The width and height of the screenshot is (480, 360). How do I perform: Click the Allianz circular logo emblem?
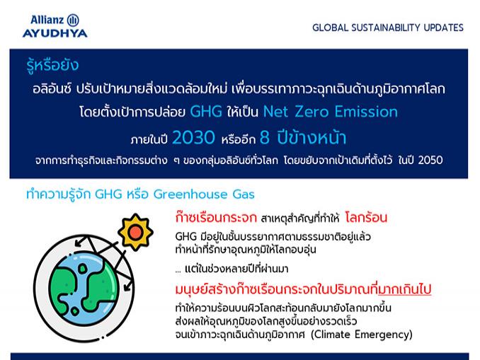[73, 21]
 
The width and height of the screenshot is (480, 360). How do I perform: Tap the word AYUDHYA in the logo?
[55, 33]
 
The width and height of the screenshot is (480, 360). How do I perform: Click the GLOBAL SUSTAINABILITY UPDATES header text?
[388, 28]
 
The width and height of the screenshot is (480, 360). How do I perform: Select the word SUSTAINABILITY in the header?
[386, 28]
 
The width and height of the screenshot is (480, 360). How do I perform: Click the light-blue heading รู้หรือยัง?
[52, 65]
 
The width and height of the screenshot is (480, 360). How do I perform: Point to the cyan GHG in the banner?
[206, 111]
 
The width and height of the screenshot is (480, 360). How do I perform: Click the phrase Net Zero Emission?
[331, 111]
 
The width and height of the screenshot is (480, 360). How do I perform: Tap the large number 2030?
[194, 137]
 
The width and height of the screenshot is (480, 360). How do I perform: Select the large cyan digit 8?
[265, 137]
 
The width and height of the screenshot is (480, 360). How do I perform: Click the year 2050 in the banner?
[430, 160]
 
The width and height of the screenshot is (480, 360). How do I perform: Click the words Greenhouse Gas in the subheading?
[204, 194]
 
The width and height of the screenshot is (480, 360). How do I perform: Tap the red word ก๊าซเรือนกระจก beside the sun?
[216, 218]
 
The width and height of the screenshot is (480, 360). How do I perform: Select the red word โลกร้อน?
[366, 218]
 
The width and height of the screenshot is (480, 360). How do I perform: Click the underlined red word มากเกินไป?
[405, 289]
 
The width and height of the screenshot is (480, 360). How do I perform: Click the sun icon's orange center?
[136, 233]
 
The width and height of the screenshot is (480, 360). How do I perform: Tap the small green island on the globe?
[82, 269]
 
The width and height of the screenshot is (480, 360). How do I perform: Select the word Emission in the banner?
[366, 111]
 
